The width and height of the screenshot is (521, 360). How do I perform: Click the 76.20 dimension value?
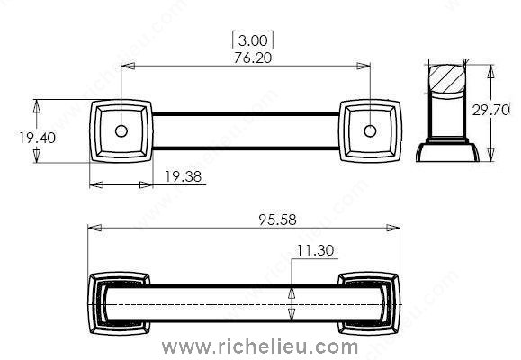(x=253, y=58)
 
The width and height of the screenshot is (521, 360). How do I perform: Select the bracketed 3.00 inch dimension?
(x=253, y=40)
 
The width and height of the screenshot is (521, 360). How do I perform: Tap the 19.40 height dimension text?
(x=37, y=138)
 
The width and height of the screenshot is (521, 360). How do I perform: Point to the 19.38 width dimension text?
(x=183, y=176)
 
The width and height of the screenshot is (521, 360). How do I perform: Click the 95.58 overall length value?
(x=277, y=220)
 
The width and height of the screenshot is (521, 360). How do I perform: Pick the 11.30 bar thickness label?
(x=315, y=250)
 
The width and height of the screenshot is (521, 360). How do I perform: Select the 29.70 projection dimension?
(x=490, y=110)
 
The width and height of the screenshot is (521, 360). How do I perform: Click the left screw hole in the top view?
(x=121, y=131)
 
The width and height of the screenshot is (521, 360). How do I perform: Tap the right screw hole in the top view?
(x=370, y=131)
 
